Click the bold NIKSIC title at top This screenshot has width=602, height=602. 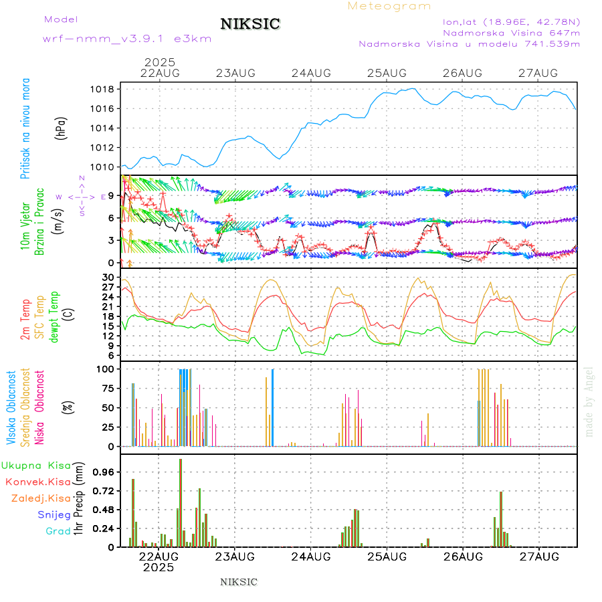tap(250, 25)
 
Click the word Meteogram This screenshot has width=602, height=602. tap(389, 6)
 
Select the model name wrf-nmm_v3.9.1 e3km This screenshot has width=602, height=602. tap(127, 39)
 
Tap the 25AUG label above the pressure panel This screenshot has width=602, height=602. tap(387, 73)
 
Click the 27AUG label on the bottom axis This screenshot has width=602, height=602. tap(538, 557)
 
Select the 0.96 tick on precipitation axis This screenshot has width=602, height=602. tap(105, 472)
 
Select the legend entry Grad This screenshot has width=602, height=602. tap(58, 531)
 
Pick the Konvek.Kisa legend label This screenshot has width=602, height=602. tap(38, 482)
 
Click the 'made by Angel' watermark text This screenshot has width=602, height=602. tap(589, 401)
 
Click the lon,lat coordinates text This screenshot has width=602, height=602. tap(511, 21)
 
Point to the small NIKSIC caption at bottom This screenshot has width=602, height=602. tap(239, 582)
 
